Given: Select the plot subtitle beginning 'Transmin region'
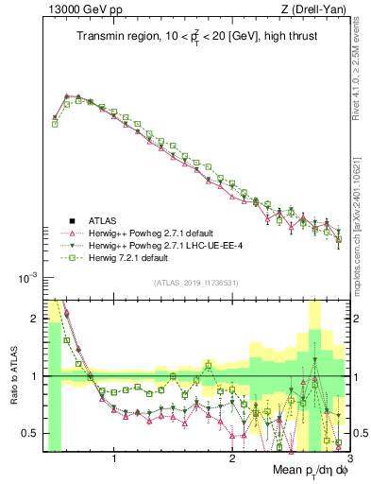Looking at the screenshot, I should [196, 37].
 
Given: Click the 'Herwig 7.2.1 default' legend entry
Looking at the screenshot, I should [136, 257].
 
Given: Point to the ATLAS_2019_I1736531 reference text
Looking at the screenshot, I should [196, 283].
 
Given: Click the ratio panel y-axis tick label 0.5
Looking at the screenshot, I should [31, 433].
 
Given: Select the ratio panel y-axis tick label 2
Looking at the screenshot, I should [36, 319].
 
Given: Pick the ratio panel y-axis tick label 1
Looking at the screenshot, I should [36, 376].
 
